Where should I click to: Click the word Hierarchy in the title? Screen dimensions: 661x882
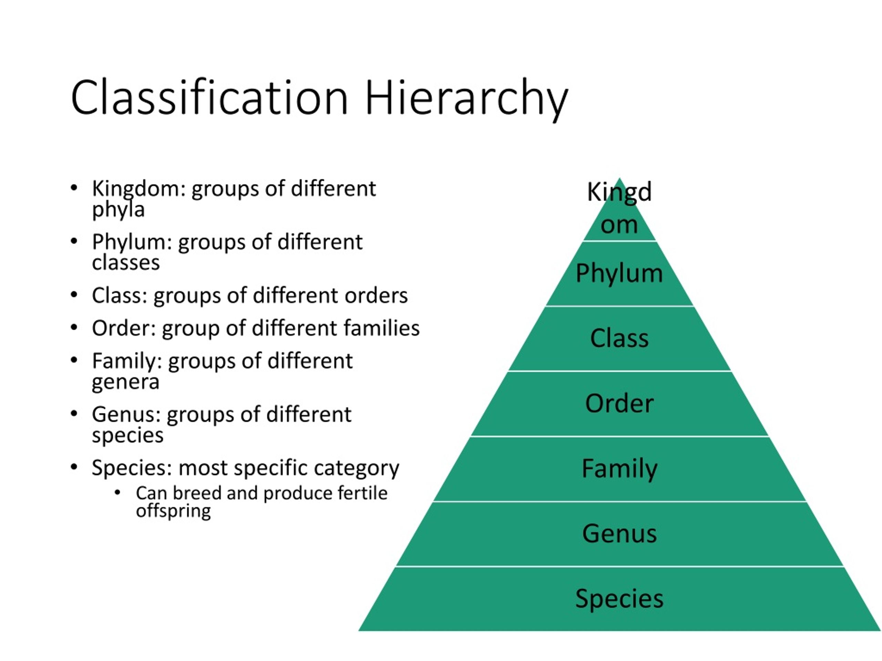[466, 98]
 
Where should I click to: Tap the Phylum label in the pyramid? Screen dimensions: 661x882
[619, 273]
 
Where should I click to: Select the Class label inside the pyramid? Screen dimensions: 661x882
[619, 339]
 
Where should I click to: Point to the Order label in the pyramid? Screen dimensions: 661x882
[619, 403]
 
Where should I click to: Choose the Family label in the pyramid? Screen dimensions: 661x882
[619, 469]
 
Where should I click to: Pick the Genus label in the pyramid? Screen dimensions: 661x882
[619, 534]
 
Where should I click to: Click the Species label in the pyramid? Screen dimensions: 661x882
[619, 598]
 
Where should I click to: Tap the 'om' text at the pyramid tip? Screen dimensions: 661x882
[619, 225]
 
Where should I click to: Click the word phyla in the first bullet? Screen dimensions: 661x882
[118, 210]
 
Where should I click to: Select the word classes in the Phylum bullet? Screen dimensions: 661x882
[126, 263]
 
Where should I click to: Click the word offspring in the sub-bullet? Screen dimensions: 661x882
[173, 511]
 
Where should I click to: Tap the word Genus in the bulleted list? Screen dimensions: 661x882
[126, 415]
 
